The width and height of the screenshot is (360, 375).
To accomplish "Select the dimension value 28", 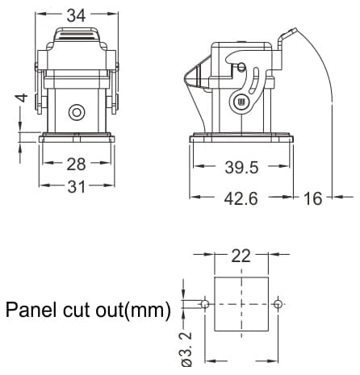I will click(x=76, y=165).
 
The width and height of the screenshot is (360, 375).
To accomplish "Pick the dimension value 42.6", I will click(x=240, y=198).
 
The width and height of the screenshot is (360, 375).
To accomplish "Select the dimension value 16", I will click(x=312, y=198).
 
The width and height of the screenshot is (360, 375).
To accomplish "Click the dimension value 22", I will click(x=241, y=256).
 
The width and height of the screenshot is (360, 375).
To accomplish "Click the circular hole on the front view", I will click(x=77, y=111).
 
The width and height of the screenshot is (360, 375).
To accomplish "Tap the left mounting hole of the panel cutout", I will click(x=205, y=305).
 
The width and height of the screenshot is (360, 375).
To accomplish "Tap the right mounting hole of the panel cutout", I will click(x=278, y=305).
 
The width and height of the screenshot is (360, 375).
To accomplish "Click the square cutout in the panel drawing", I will click(x=241, y=305).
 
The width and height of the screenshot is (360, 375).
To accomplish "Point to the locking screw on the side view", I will click(x=239, y=102).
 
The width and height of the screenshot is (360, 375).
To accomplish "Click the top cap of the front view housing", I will click(x=77, y=35).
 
